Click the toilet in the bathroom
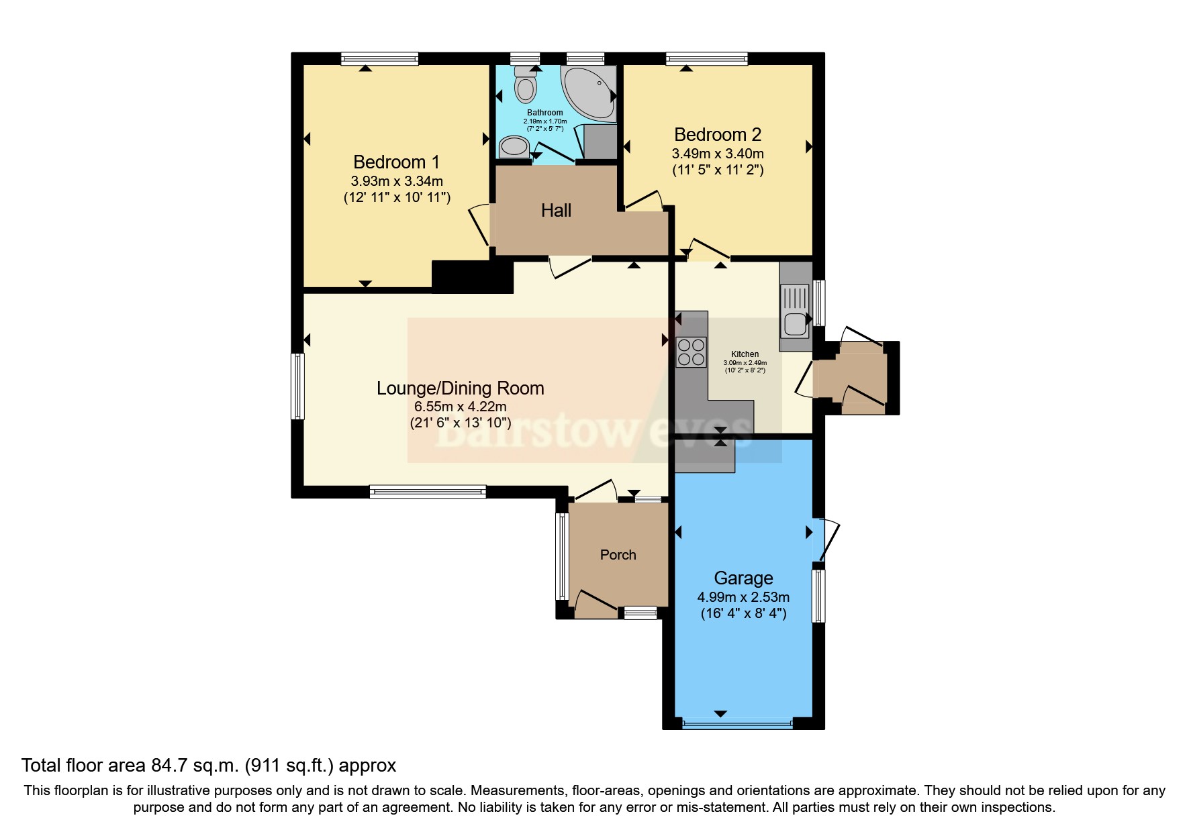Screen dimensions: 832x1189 pos(525,86)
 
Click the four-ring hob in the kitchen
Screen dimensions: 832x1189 pos(692,352)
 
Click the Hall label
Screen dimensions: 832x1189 pos(556,211)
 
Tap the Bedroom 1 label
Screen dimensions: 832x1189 pos(396,162)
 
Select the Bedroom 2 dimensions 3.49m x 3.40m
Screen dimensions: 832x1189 pos(718,154)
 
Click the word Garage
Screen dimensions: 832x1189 pos(743,578)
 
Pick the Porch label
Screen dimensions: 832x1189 pos(618,555)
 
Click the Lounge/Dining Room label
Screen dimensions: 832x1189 pos(460,388)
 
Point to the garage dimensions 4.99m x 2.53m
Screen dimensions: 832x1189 pos(743,597)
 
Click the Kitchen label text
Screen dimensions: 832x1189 pos(745,354)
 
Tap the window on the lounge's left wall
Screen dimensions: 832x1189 pos(297,386)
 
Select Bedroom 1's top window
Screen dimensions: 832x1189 pos(379,59)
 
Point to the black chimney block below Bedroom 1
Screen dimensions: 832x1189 pos(472,276)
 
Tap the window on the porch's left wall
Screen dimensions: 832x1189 pos(562,556)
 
